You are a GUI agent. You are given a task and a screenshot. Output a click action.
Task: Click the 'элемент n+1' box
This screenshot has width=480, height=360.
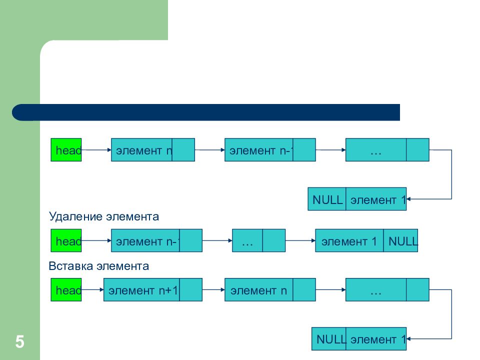point(141,290)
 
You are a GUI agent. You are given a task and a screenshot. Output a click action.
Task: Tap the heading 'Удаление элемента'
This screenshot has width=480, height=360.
point(103,217)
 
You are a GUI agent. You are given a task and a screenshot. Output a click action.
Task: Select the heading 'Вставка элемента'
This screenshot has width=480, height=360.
point(98,266)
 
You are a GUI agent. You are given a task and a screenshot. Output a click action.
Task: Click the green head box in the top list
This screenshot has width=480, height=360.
point(66,150)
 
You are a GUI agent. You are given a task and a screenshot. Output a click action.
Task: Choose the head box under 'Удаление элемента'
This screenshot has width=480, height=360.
point(66,241)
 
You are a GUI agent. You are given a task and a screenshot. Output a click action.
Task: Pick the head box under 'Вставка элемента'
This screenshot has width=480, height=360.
point(66,290)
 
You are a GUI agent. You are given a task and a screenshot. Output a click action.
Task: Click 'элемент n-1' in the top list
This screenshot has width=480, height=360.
point(259,150)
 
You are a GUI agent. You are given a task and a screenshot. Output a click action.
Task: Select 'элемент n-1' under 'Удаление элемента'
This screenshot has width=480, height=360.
point(145,241)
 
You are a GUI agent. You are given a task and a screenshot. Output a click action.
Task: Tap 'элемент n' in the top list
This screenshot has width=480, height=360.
point(142,150)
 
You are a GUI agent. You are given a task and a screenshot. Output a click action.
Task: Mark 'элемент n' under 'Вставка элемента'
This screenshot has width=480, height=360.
point(258,290)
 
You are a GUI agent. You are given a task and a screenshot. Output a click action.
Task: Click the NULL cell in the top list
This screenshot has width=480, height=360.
point(327,200)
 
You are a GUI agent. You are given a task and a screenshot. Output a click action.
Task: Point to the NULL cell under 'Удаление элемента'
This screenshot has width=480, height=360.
point(401,241)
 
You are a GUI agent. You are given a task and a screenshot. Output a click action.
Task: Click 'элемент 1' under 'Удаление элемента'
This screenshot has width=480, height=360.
point(349,241)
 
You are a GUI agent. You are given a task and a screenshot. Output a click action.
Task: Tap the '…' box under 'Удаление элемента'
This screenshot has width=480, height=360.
point(247,241)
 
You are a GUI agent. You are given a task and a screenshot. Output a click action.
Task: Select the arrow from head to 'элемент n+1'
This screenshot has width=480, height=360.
point(92,290)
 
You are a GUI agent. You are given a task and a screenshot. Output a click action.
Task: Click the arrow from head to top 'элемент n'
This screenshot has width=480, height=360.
point(96,149)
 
